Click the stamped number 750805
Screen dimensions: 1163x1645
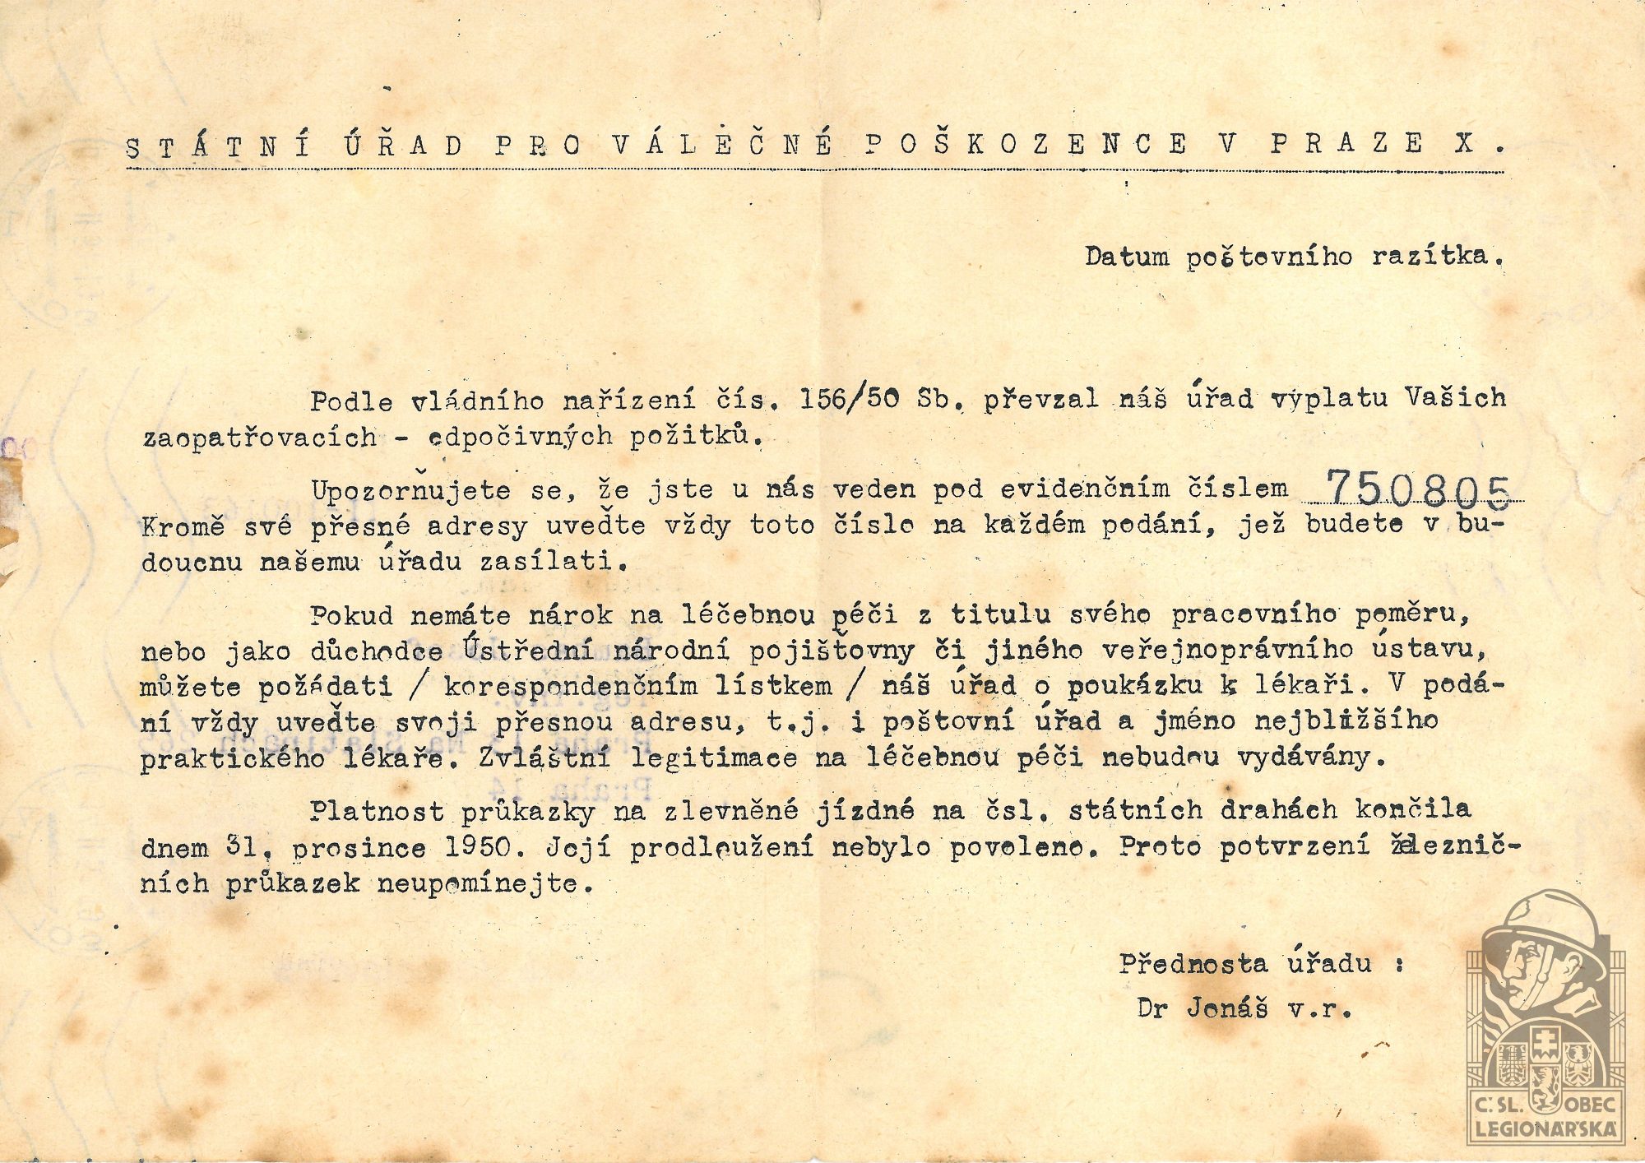click(x=1419, y=490)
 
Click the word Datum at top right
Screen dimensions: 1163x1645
click(x=1126, y=257)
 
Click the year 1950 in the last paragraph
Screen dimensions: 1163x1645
click(x=478, y=847)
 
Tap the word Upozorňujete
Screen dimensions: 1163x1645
click(x=411, y=490)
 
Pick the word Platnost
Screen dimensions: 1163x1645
click(x=377, y=811)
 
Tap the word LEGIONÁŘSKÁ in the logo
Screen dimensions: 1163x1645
click(x=1546, y=1129)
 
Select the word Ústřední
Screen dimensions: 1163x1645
click(x=526, y=650)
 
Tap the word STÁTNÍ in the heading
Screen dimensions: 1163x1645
click(x=219, y=146)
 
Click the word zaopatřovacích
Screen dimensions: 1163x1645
click(x=260, y=438)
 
